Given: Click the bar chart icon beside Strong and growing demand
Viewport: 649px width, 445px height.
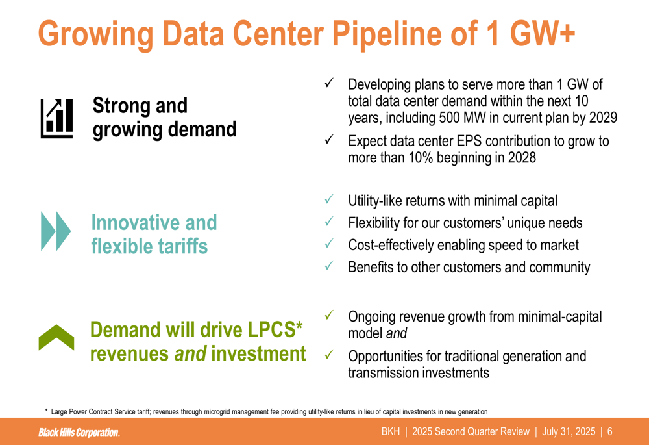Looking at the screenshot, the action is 56,118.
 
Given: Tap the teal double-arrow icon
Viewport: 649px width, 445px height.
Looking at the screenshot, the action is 56,231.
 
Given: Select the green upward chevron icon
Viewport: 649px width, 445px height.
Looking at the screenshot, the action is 56,337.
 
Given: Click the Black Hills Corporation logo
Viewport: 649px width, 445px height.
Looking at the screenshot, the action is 79,432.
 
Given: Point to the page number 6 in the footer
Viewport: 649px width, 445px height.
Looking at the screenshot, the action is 609,432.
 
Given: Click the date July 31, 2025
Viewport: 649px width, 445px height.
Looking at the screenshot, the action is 569,432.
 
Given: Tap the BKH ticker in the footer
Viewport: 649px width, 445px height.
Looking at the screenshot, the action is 391,432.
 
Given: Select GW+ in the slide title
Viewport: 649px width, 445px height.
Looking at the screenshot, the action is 542,33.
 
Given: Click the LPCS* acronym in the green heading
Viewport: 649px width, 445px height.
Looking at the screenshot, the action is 275,329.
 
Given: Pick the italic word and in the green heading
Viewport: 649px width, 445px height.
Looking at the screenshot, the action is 190,353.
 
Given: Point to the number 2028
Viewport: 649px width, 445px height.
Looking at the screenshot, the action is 522,157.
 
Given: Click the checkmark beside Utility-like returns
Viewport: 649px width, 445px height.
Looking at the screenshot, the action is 329,199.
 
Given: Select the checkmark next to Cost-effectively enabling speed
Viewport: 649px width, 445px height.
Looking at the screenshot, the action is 329,244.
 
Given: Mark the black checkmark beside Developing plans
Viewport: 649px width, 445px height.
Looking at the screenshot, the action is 329,83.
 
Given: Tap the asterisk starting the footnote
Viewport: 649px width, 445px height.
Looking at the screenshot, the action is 46,410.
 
